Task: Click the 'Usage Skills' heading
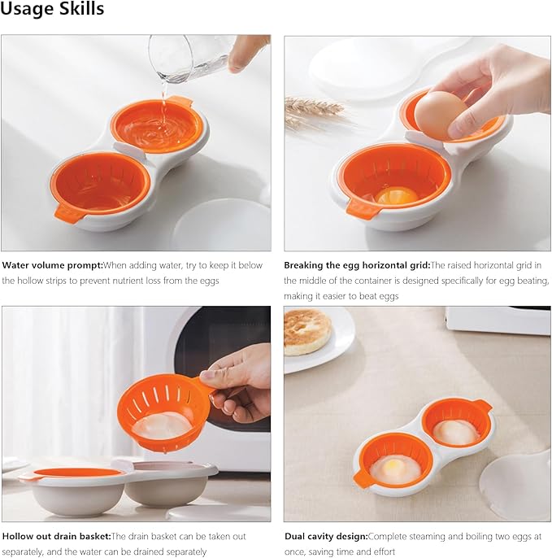tap(52, 10)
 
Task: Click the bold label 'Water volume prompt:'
tap(51, 264)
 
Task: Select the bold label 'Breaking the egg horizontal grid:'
tap(356, 264)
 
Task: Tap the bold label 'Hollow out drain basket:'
tap(55, 536)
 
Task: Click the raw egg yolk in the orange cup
tap(396, 196)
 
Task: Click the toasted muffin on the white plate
tap(306, 330)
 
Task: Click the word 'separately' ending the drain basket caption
tap(184, 551)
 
